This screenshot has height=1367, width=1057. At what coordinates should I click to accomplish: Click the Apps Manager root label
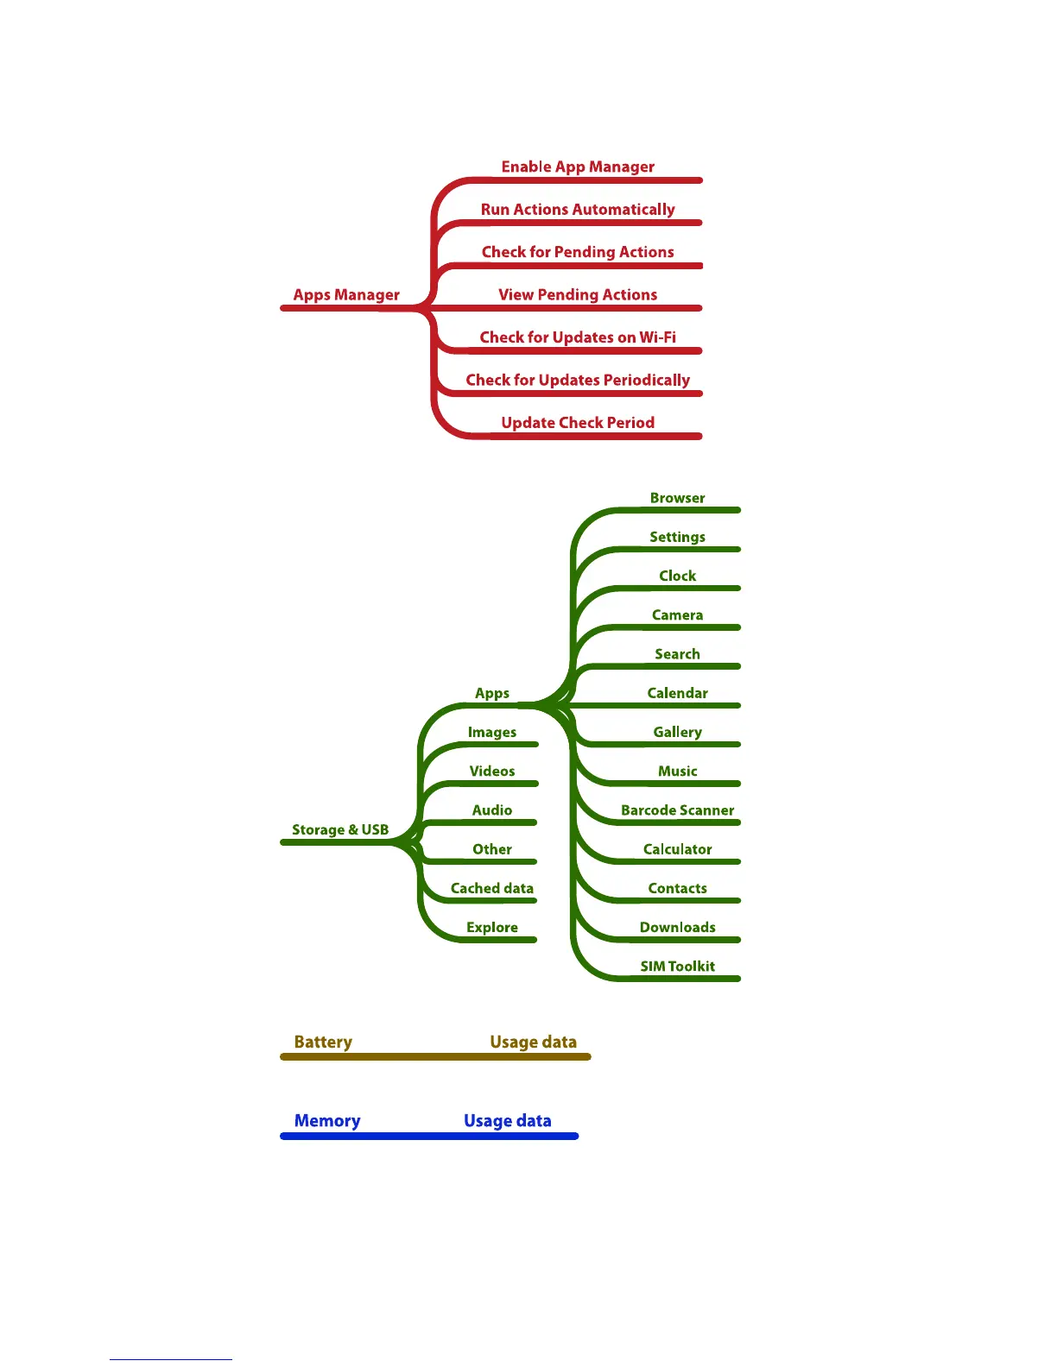click(346, 295)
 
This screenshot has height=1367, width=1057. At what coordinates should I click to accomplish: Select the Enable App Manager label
click(578, 167)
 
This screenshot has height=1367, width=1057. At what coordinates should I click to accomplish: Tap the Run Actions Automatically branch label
click(578, 210)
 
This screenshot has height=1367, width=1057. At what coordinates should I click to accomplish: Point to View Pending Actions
click(578, 295)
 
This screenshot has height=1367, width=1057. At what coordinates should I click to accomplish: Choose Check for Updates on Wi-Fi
click(578, 337)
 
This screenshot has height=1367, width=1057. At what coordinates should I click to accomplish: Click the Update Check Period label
click(578, 423)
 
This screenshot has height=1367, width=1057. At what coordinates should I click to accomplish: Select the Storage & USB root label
click(340, 830)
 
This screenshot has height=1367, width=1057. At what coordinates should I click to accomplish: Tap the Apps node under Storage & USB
click(492, 693)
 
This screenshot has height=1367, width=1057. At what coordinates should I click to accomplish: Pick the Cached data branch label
click(492, 888)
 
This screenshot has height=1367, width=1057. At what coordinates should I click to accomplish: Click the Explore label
click(492, 928)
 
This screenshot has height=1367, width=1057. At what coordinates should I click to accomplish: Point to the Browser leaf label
click(677, 498)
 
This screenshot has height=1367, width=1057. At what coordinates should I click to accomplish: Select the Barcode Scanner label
click(677, 810)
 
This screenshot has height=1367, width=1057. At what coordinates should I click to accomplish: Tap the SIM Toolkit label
click(677, 967)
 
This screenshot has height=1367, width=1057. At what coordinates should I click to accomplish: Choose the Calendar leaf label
click(677, 693)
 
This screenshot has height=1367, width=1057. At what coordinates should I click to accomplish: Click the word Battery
click(323, 1043)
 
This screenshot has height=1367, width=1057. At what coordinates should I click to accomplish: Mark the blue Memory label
click(327, 1121)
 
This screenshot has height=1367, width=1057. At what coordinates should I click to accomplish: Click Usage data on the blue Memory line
click(507, 1121)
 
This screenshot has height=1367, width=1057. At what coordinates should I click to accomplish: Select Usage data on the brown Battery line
click(533, 1043)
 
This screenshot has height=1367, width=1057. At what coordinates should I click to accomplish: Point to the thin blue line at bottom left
click(171, 1359)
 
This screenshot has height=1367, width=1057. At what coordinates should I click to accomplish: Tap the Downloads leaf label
click(677, 928)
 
